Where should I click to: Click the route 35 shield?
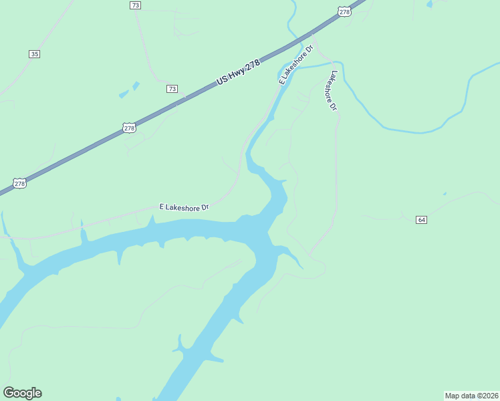[x=34, y=54]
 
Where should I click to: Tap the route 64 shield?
[x=421, y=220]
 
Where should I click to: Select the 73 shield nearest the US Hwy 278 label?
[x=172, y=89]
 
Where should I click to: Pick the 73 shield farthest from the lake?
[x=136, y=5]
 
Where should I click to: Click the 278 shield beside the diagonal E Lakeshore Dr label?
[x=344, y=12]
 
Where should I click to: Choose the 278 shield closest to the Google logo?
[x=20, y=183]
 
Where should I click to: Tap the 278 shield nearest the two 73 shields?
[x=129, y=127]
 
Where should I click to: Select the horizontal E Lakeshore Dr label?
[x=184, y=207]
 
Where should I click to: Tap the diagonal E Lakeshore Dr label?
[x=295, y=65]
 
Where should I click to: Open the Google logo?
[x=22, y=393]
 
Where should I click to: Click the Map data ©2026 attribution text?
[x=471, y=395]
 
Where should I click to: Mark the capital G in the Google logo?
[x=9, y=393]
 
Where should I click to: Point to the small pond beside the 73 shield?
[x=136, y=86]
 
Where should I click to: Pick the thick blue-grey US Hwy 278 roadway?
[x=80, y=152]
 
